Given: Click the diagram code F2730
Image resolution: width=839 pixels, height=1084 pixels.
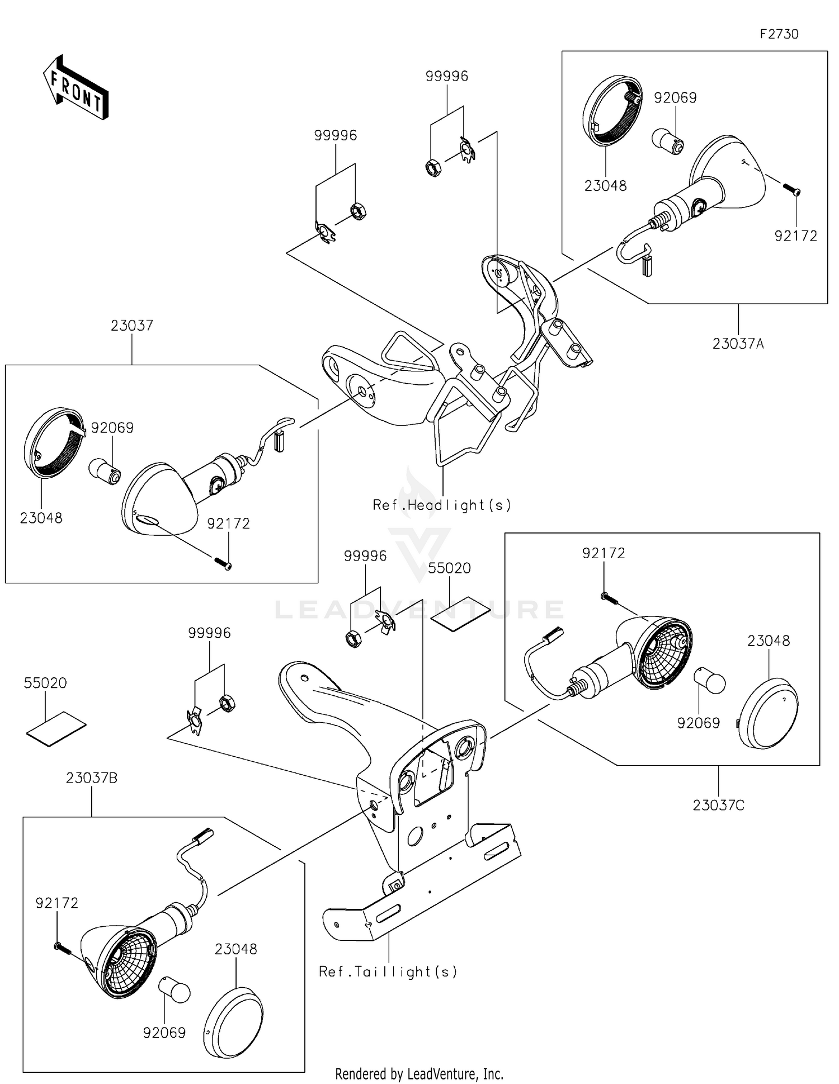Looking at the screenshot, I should tap(779, 34).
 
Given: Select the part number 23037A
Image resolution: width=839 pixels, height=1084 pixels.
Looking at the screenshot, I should tap(738, 343).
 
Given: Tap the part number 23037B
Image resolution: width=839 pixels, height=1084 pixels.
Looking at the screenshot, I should tap(92, 778).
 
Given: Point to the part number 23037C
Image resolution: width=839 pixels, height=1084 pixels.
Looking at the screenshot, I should tap(718, 805).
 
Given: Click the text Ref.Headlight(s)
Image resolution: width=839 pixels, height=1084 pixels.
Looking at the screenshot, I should tap(442, 505).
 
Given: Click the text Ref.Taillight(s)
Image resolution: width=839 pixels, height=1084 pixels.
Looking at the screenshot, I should tap(388, 972).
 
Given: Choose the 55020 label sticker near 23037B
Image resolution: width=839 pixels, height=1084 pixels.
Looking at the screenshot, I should tap(56, 728).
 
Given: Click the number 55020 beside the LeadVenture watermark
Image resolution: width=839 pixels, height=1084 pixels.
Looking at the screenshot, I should tap(449, 568).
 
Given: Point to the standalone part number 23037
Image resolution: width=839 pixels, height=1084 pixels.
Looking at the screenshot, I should tap(131, 326).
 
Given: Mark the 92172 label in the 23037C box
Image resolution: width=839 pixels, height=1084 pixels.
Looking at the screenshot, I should tap(604, 553).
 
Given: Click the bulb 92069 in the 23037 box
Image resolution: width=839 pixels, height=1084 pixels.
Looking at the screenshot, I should tap(105, 470).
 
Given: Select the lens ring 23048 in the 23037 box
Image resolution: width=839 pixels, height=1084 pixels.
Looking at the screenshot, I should tap(54, 442).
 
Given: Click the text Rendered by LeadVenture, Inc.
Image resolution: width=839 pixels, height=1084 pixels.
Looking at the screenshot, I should tap(419, 1074).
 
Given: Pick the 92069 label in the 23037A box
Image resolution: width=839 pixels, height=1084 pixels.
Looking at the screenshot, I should tap(675, 98).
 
